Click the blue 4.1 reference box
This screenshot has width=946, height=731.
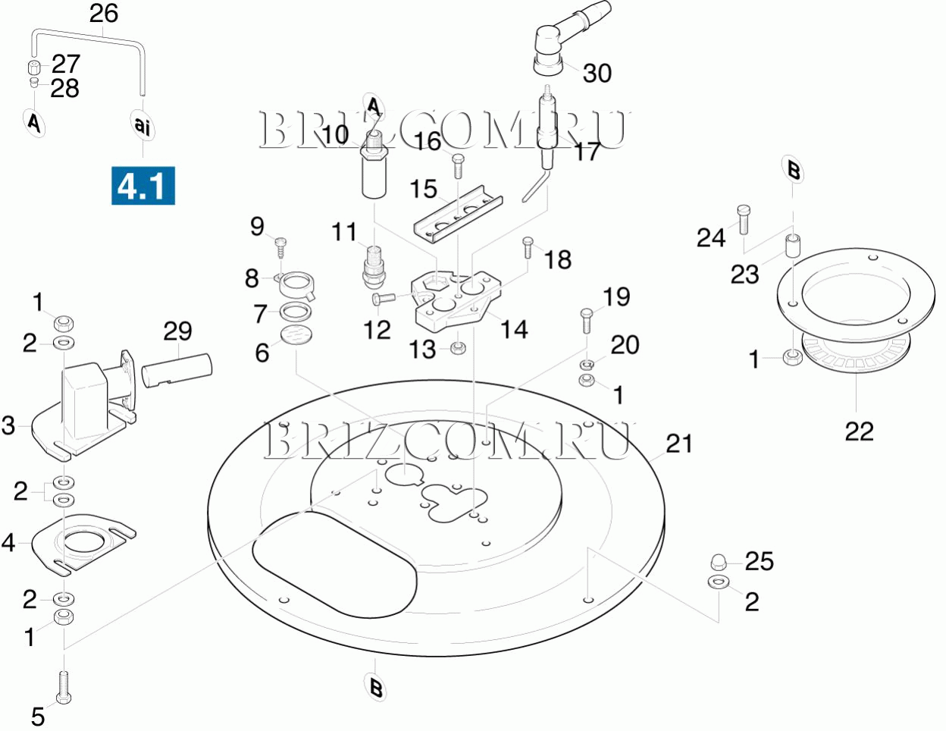143,186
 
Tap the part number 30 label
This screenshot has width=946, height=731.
597,73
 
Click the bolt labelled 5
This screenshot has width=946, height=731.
64,688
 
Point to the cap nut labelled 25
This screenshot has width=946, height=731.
719,563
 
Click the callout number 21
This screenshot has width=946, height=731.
678,444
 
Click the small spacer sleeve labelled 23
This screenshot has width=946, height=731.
792,246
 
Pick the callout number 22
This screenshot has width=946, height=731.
860,431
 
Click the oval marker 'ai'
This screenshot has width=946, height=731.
143,124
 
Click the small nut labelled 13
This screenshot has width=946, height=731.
458,349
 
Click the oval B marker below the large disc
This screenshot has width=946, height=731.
375,688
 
